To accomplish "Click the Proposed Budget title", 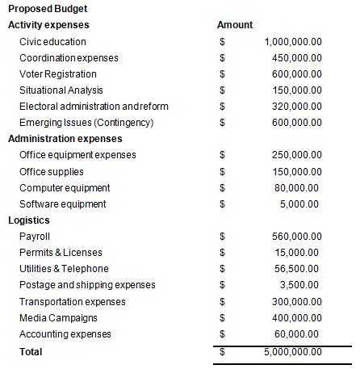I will pyautogui.click(x=48, y=9).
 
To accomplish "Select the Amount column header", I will pyautogui.click(x=235, y=25).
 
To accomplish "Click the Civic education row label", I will pyautogui.click(x=52, y=41).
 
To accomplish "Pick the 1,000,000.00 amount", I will pyautogui.click(x=293, y=41).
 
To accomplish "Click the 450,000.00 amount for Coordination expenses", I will pyautogui.click(x=296, y=58).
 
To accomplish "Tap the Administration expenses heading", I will pyautogui.click(x=65, y=139).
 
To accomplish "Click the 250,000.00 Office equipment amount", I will pyautogui.click(x=296, y=155).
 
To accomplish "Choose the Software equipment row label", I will pyautogui.click(x=62, y=204).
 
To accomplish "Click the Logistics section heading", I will pyautogui.click(x=29, y=220).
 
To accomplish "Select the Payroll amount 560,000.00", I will pyautogui.click(x=296, y=237).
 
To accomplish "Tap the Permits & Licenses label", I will pyautogui.click(x=61, y=253).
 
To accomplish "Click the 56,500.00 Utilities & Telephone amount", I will pyautogui.click(x=299, y=269).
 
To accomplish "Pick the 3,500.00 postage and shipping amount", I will pyautogui.click(x=301, y=285).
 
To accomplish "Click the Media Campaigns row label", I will pyautogui.click(x=60, y=318).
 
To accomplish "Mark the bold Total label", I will pyautogui.click(x=31, y=351).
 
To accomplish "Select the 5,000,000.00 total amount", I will pyautogui.click(x=293, y=351).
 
